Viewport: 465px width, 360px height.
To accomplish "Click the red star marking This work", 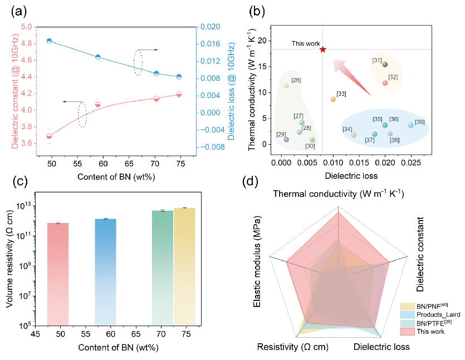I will click(323, 50).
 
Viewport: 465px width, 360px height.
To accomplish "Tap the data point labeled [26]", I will click(286, 86).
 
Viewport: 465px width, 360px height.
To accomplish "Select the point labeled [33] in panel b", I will click(333, 99).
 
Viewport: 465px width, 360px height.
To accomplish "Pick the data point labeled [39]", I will click(411, 125).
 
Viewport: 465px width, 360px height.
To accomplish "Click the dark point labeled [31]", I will click(385, 65).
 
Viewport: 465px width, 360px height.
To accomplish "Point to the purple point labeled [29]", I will click(286, 139).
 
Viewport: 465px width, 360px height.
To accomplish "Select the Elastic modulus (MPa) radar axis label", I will click(257, 268).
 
